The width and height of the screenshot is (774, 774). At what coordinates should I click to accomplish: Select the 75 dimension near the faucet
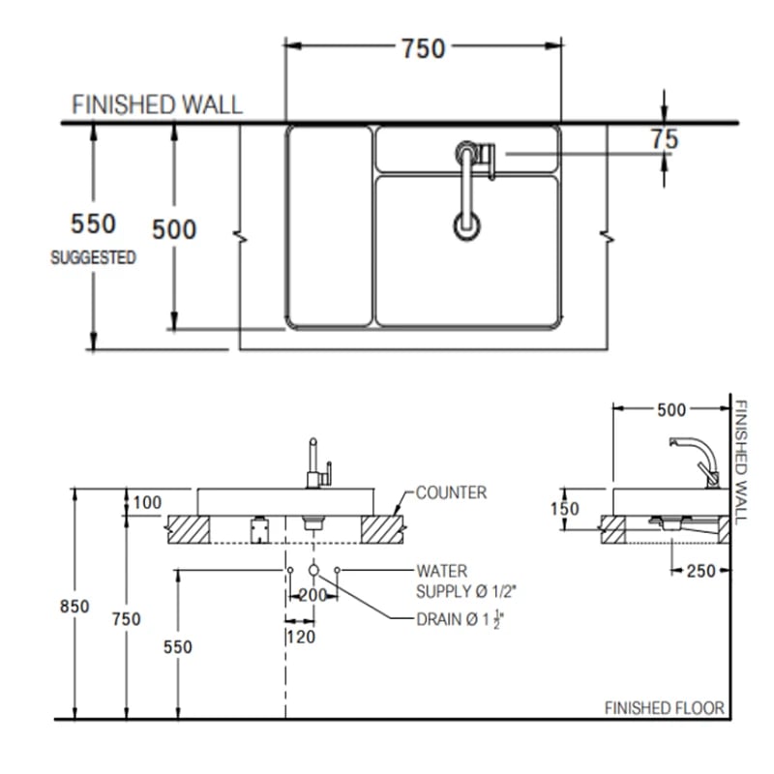(x=664, y=139)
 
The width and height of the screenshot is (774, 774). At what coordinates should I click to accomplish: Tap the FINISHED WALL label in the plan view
(x=158, y=104)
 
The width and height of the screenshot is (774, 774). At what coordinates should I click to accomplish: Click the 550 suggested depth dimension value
(x=94, y=224)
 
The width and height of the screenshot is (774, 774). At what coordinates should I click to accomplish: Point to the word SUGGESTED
(x=93, y=258)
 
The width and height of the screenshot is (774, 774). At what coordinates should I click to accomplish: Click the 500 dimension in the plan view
(x=174, y=229)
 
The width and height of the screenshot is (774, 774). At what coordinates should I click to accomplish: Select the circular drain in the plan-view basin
(x=466, y=225)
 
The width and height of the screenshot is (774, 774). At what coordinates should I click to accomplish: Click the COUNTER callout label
(x=451, y=492)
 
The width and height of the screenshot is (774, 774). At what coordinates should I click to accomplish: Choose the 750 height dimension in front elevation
(x=126, y=618)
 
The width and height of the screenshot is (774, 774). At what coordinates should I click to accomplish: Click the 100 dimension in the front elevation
(x=148, y=502)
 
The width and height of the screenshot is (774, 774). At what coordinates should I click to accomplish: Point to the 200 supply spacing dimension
(x=313, y=596)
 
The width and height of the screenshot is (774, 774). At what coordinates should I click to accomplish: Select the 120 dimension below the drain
(x=300, y=637)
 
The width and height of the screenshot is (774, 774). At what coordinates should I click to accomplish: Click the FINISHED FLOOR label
(x=664, y=708)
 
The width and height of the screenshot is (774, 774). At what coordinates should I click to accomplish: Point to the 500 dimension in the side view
(x=670, y=410)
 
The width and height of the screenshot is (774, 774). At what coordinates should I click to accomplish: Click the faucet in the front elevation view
(x=316, y=461)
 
